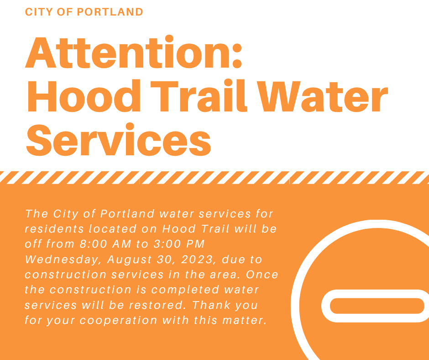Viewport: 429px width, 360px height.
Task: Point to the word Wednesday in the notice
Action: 63,260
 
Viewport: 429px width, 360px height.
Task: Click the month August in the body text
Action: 131,260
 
